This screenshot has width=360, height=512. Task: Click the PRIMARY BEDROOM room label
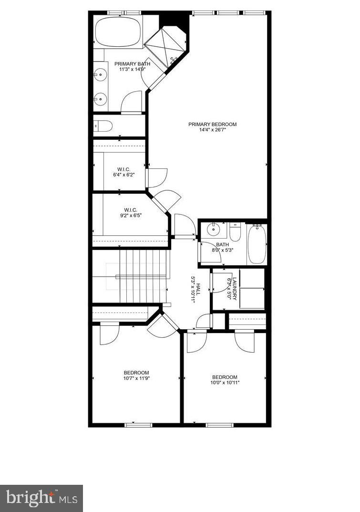tap(212, 125)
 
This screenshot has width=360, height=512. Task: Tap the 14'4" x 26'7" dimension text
tap(212, 130)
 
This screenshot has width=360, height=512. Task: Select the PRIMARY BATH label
tap(132, 64)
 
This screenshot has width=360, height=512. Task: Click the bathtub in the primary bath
tap(118, 31)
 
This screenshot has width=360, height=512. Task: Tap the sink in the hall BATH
tap(214, 230)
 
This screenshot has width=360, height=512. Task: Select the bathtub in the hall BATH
tap(256, 243)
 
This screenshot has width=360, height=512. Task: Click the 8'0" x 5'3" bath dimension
tap(222, 250)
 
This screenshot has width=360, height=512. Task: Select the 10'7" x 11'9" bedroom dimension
tap(136, 378)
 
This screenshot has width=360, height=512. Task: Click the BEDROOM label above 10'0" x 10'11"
tap(225, 377)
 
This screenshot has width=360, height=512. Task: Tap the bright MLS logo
tap(41, 498)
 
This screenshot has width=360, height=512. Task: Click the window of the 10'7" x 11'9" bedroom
tap(138, 424)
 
